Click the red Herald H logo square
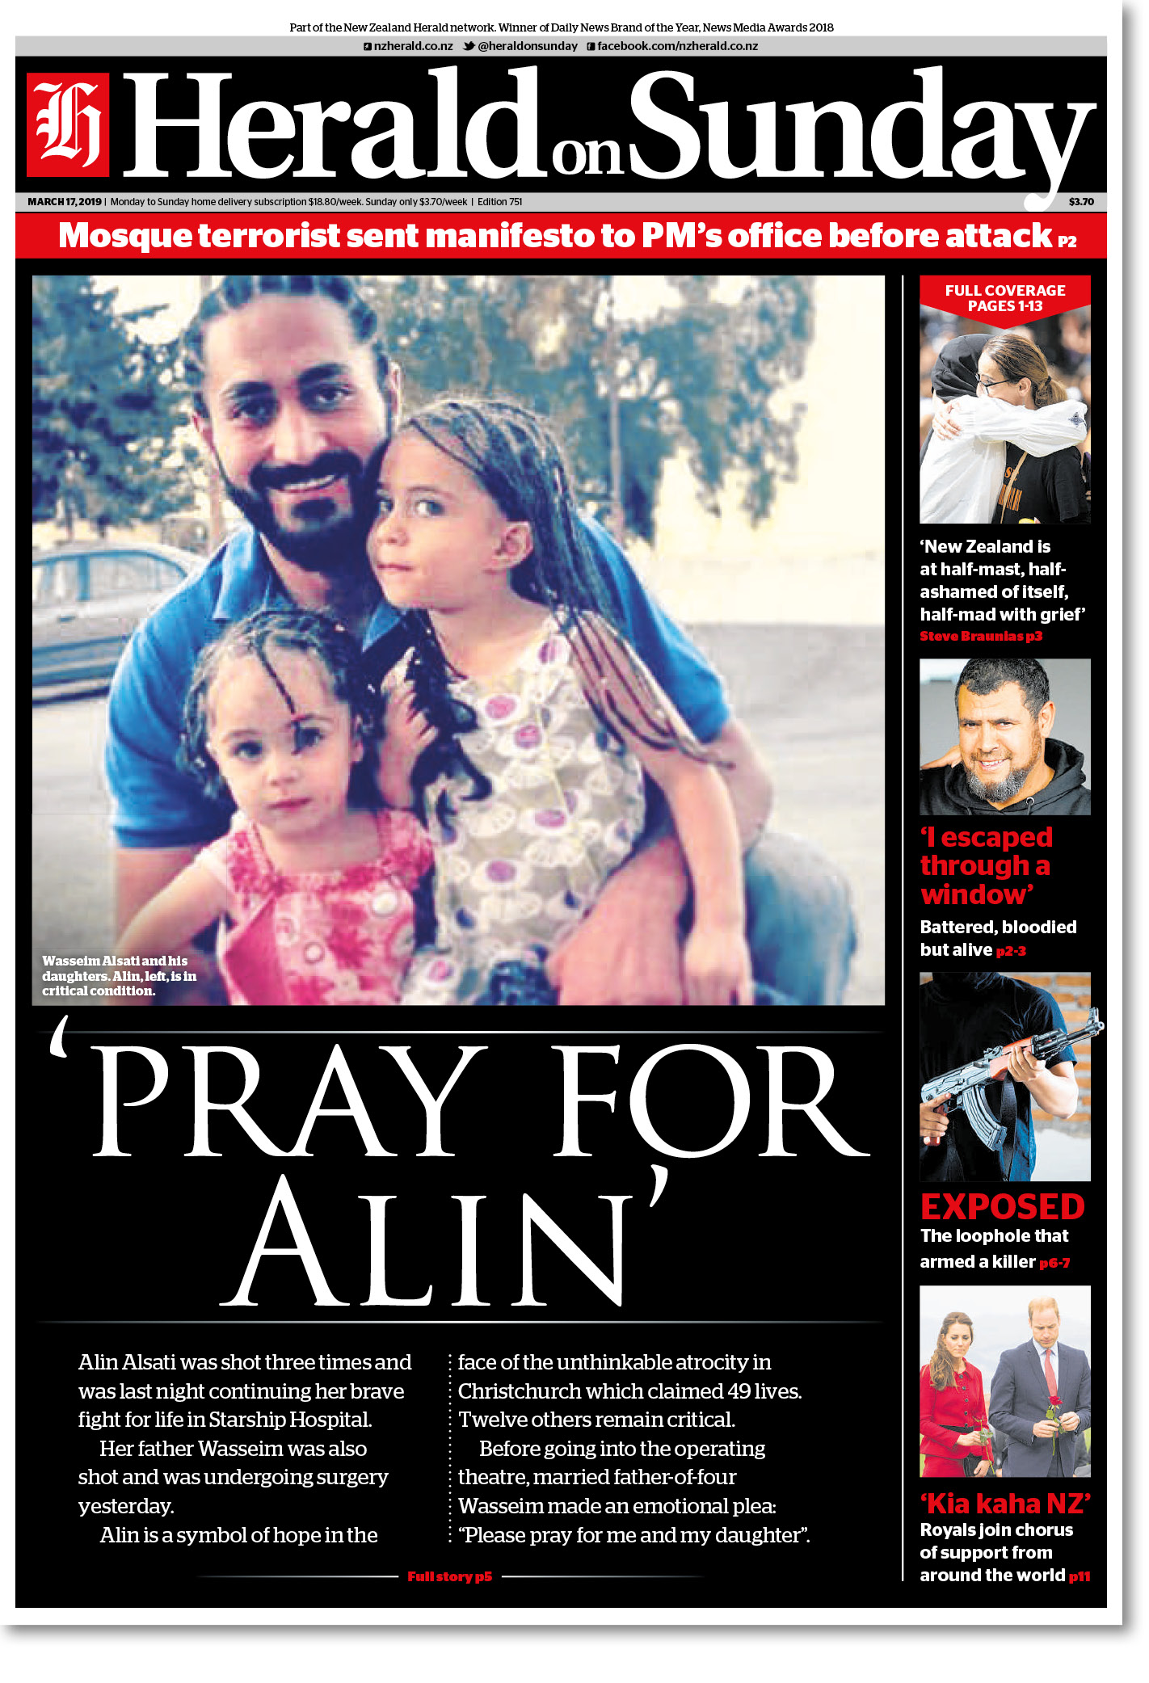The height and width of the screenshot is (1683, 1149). [68, 124]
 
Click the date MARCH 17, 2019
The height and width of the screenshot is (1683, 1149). [65, 202]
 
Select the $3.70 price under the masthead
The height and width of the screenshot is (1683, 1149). [1081, 202]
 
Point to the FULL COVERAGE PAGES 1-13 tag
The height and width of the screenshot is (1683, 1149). [1005, 298]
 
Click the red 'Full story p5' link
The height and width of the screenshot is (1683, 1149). [450, 1576]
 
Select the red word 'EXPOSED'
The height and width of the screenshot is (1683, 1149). [1002, 1207]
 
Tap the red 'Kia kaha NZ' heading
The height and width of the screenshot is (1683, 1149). [1005, 1504]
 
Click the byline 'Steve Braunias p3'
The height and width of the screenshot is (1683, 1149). [981, 637]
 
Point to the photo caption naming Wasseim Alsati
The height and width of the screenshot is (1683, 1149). [120, 976]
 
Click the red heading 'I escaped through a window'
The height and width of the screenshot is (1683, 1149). [986, 866]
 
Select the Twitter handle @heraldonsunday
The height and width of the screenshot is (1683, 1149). [527, 46]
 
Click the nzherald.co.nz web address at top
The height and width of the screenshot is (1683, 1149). [413, 46]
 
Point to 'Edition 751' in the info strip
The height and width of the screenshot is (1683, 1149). [499, 202]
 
